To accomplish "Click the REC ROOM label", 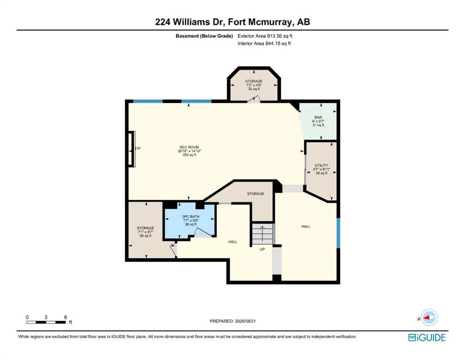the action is (x=189, y=147).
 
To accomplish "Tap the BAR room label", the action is (x=318, y=118).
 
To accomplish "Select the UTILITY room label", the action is (x=321, y=165).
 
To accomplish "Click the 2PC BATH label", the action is (x=191, y=217).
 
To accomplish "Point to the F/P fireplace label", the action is (x=138, y=149).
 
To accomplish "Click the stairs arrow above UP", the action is (x=262, y=234).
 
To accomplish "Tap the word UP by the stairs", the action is (x=262, y=249).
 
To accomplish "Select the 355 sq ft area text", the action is (x=189, y=155).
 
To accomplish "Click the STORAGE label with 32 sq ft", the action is (x=254, y=81).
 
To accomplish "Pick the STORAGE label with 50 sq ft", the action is (x=145, y=228).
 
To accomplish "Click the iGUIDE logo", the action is (x=427, y=337).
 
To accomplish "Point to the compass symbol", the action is (x=428, y=318).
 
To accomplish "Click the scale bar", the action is (x=46, y=322).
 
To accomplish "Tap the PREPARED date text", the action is (x=232, y=321).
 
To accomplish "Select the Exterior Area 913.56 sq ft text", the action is (x=265, y=36).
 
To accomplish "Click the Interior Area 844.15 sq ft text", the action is (x=264, y=43).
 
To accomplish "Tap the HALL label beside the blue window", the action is (x=306, y=226).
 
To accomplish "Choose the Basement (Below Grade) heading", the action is (x=204, y=36).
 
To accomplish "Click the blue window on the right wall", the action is (x=339, y=233).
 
